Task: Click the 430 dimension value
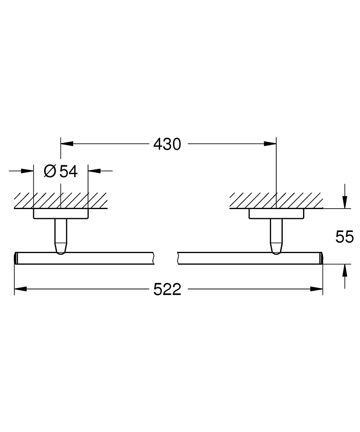[x=167, y=144]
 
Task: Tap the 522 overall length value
[x=167, y=289]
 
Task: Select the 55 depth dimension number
[x=344, y=237]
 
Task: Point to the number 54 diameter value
[x=69, y=172]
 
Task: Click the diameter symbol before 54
[x=50, y=172]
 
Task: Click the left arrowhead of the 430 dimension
[x=67, y=143]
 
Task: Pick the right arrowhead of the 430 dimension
[x=270, y=143]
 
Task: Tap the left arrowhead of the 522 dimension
[x=20, y=289]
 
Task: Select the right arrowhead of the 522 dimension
[x=316, y=289]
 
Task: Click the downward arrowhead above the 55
[x=345, y=202]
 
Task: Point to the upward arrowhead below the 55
[x=345, y=270]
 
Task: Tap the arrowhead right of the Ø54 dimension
[x=95, y=171]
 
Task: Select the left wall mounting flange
[x=61, y=214]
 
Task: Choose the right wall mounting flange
[x=276, y=214]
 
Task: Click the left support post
[x=61, y=236]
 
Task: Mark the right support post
[x=276, y=236]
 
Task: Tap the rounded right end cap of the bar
[x=321, y=258]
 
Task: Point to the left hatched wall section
[x=60, y=200]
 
